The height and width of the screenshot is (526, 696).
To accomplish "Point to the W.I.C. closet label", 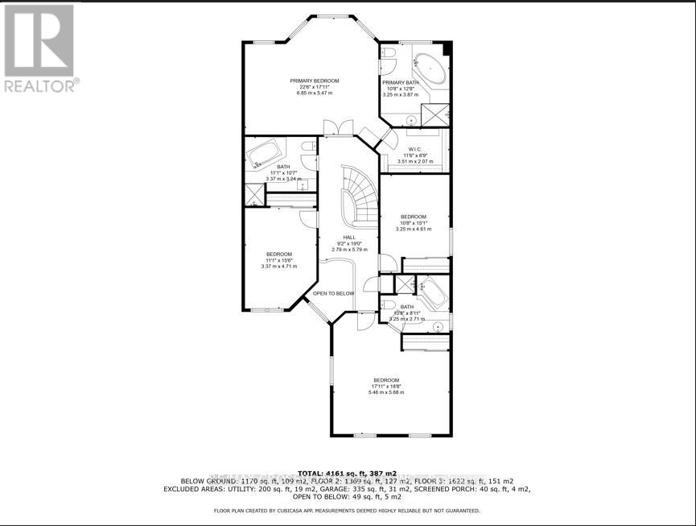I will pos(415,149).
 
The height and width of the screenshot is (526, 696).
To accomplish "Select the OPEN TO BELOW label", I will pos(333,293).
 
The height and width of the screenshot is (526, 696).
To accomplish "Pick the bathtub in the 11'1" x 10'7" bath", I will pos(263,153).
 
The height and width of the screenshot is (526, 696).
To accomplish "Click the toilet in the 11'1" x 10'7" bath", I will pos(307,147).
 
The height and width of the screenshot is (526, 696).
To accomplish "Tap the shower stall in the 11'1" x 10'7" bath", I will pos(254,194).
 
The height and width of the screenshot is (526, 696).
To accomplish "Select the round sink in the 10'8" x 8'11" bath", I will pos(438,326).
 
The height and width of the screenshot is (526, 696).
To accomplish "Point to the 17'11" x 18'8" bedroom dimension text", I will pos(385,387).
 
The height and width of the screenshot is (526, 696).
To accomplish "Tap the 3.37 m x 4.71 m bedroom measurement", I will pos(279,267).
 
